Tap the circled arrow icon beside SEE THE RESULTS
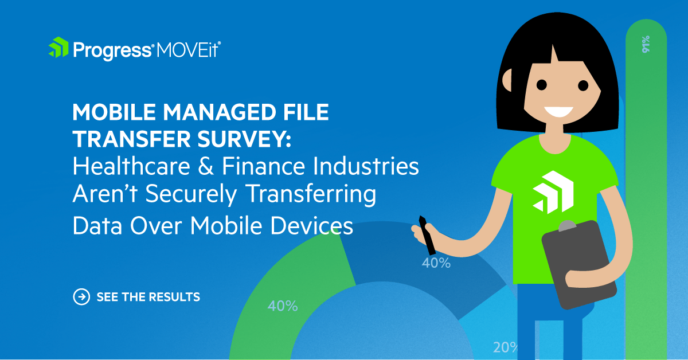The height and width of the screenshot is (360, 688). (81, 296)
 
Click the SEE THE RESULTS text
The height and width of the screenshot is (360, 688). (148, 297)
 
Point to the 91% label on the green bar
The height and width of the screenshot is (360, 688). (646, 44)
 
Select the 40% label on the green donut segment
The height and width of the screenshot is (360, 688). (283, 306)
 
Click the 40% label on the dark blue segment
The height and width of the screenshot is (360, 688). (436, 263)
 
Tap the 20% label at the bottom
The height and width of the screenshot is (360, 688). (505, 347)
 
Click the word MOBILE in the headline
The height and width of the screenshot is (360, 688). (109, 113)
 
